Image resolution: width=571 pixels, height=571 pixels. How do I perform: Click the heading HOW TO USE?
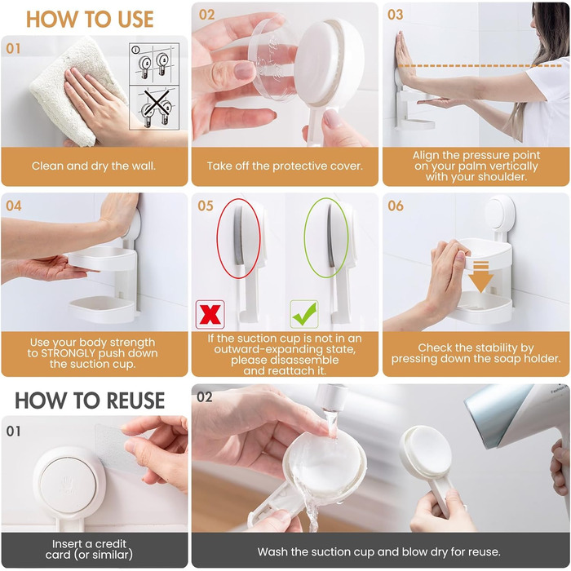[90, 20]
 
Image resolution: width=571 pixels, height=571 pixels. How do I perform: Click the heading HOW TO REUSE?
[90, 401]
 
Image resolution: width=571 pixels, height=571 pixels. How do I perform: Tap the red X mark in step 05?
[210, 314]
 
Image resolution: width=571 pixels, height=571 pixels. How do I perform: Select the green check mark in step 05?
[304, 314]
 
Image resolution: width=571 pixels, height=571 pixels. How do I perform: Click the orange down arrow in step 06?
[480, 276]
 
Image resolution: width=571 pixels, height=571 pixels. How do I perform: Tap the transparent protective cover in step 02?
[272, 58]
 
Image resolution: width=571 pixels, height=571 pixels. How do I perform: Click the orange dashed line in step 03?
[480, 66]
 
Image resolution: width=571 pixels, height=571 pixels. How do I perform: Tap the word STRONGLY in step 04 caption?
[68, 353]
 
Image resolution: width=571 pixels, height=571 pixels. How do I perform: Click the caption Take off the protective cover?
[285, 166]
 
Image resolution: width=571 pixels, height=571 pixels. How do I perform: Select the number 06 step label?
[396, 206]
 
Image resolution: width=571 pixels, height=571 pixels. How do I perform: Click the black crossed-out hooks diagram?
[154, 108]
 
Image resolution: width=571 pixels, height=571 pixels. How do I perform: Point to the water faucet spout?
[330, 398]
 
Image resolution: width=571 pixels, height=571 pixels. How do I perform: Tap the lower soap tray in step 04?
[102, 309]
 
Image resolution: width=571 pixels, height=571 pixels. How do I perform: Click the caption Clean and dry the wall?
[94, 166]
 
